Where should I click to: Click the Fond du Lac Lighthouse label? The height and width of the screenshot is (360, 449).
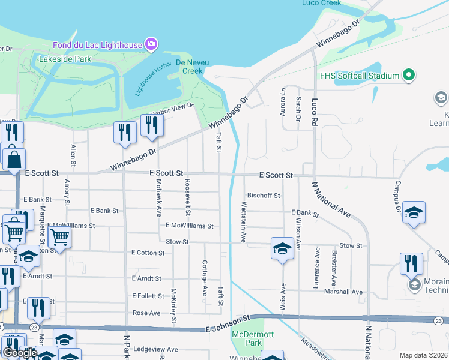pyautogui.click(x=97, y=44)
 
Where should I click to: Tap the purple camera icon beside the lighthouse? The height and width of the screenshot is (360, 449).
pyautogui.click(x=152, y=44)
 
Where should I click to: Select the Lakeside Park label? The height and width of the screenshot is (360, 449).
pyautogui.click(x=65, y=59)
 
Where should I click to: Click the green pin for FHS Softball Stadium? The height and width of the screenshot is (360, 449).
pyautogui.click(x=409, y=76)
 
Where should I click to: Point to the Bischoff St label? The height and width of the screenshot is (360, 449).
pyautogui.click(x=264, y=196)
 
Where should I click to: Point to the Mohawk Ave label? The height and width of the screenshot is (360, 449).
pyautogui.click(x=159, y=197)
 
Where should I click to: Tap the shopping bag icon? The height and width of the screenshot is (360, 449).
pyautogui.click(x=13, y=160)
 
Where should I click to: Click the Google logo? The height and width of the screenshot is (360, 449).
pyautogui.click(x=20, y=353)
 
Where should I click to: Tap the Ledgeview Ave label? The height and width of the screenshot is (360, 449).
pyautogui.click(x=155, y=349)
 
